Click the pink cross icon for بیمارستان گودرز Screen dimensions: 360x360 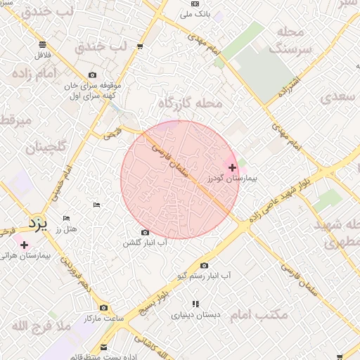click(x=233, y=167)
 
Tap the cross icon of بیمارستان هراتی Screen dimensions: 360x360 click(x=25, y=245)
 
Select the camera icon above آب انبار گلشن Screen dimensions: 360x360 click(x=146, y=232)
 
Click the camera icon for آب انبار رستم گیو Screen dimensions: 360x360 click(x=204, y=265)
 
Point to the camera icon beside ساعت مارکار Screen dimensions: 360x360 click(x=104, y=307)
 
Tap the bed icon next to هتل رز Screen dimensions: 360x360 click(x=67, y=219)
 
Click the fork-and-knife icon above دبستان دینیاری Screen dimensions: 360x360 click(x=195, y=304)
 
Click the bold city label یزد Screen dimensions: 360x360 click(x=36, y=224)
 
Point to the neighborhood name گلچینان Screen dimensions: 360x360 click(x=45, y=148)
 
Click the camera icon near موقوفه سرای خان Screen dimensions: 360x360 click(x=93, y=75)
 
